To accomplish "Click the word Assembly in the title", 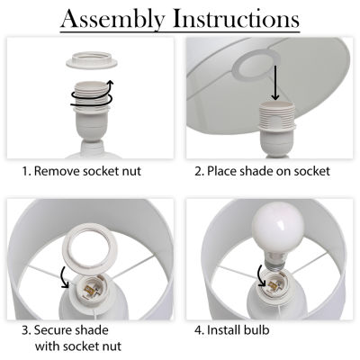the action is [x=113, y=20].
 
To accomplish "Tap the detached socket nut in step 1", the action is [x=92, y=59].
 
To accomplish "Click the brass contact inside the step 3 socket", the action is [x=89, y=291].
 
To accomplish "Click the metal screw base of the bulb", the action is [x=274, y=264].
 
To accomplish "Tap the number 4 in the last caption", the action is [x=199, y=330].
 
